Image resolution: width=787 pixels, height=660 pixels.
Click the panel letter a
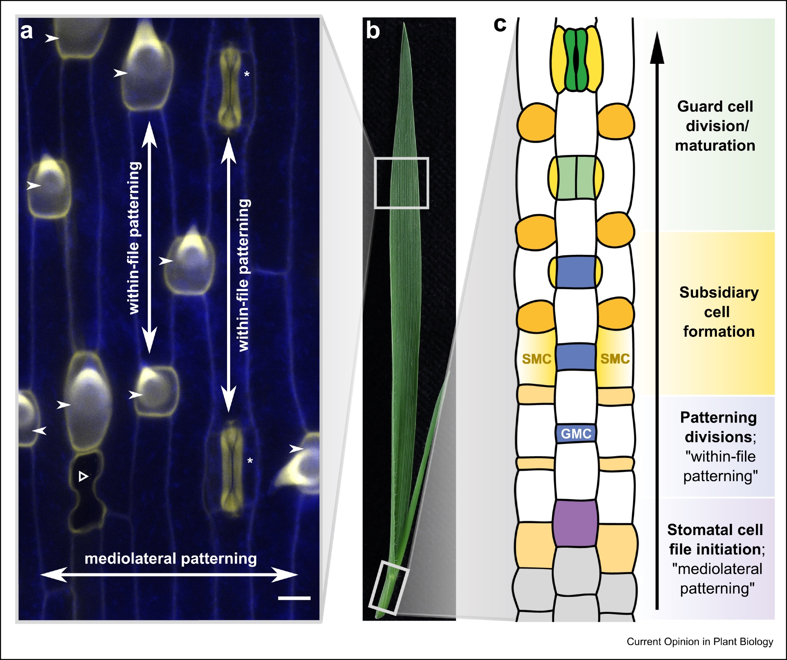tap(26, 32)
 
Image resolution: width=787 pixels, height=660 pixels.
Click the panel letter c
tap(500, 24)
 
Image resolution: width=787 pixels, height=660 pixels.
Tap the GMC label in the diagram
tap(576, 434)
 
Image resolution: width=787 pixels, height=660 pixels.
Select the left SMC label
tap(536, 359)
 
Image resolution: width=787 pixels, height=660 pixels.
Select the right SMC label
tap(615, 359)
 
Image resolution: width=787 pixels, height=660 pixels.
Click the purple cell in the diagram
tap(575, 523)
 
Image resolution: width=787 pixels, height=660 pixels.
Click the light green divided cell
tap(576, 177)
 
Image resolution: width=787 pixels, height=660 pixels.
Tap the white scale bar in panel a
tap(294, 598)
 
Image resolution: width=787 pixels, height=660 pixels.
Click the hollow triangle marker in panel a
tap(83, 476)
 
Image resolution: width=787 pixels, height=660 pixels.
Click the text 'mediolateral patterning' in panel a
tap(171, 558)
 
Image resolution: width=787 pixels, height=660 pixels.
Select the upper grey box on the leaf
tap(401, 183)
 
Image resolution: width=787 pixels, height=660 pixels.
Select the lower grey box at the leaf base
tap(389, 587)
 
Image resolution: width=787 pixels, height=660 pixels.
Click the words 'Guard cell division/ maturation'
tap(715, 126)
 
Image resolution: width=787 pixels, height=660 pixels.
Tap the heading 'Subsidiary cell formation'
tap(719, 312)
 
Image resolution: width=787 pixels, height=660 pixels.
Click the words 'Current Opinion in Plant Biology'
tap(700, 641)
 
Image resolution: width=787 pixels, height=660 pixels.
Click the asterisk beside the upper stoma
tap(247, 74)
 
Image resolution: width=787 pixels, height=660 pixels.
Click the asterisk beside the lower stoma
tap(250, 461)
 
